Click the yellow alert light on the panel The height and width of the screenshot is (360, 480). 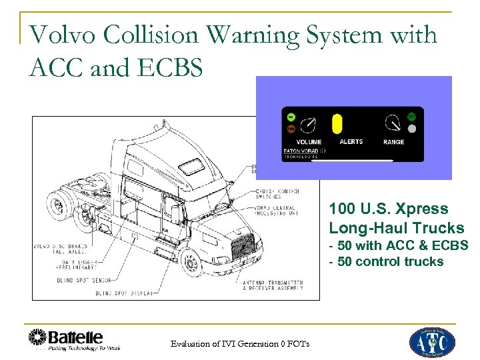[x=337, y=125]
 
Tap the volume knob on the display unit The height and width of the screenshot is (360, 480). [x=309, y=125]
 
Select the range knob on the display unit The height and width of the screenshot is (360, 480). [x=392, y=123]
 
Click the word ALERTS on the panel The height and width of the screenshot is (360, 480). [x=351, y=142]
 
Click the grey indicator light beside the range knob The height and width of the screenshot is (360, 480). [x=412, y=129]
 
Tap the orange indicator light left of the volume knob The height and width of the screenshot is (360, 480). [x=291, y=129]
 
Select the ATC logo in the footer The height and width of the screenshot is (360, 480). [x=431, y=342]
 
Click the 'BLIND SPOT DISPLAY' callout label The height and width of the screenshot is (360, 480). [x=124, y=293]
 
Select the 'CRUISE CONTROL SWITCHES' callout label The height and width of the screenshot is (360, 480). [x=279, y=194]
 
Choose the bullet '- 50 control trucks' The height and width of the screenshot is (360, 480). [x=386, y=261]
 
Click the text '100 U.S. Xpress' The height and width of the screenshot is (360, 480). [x=388, y=209]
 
